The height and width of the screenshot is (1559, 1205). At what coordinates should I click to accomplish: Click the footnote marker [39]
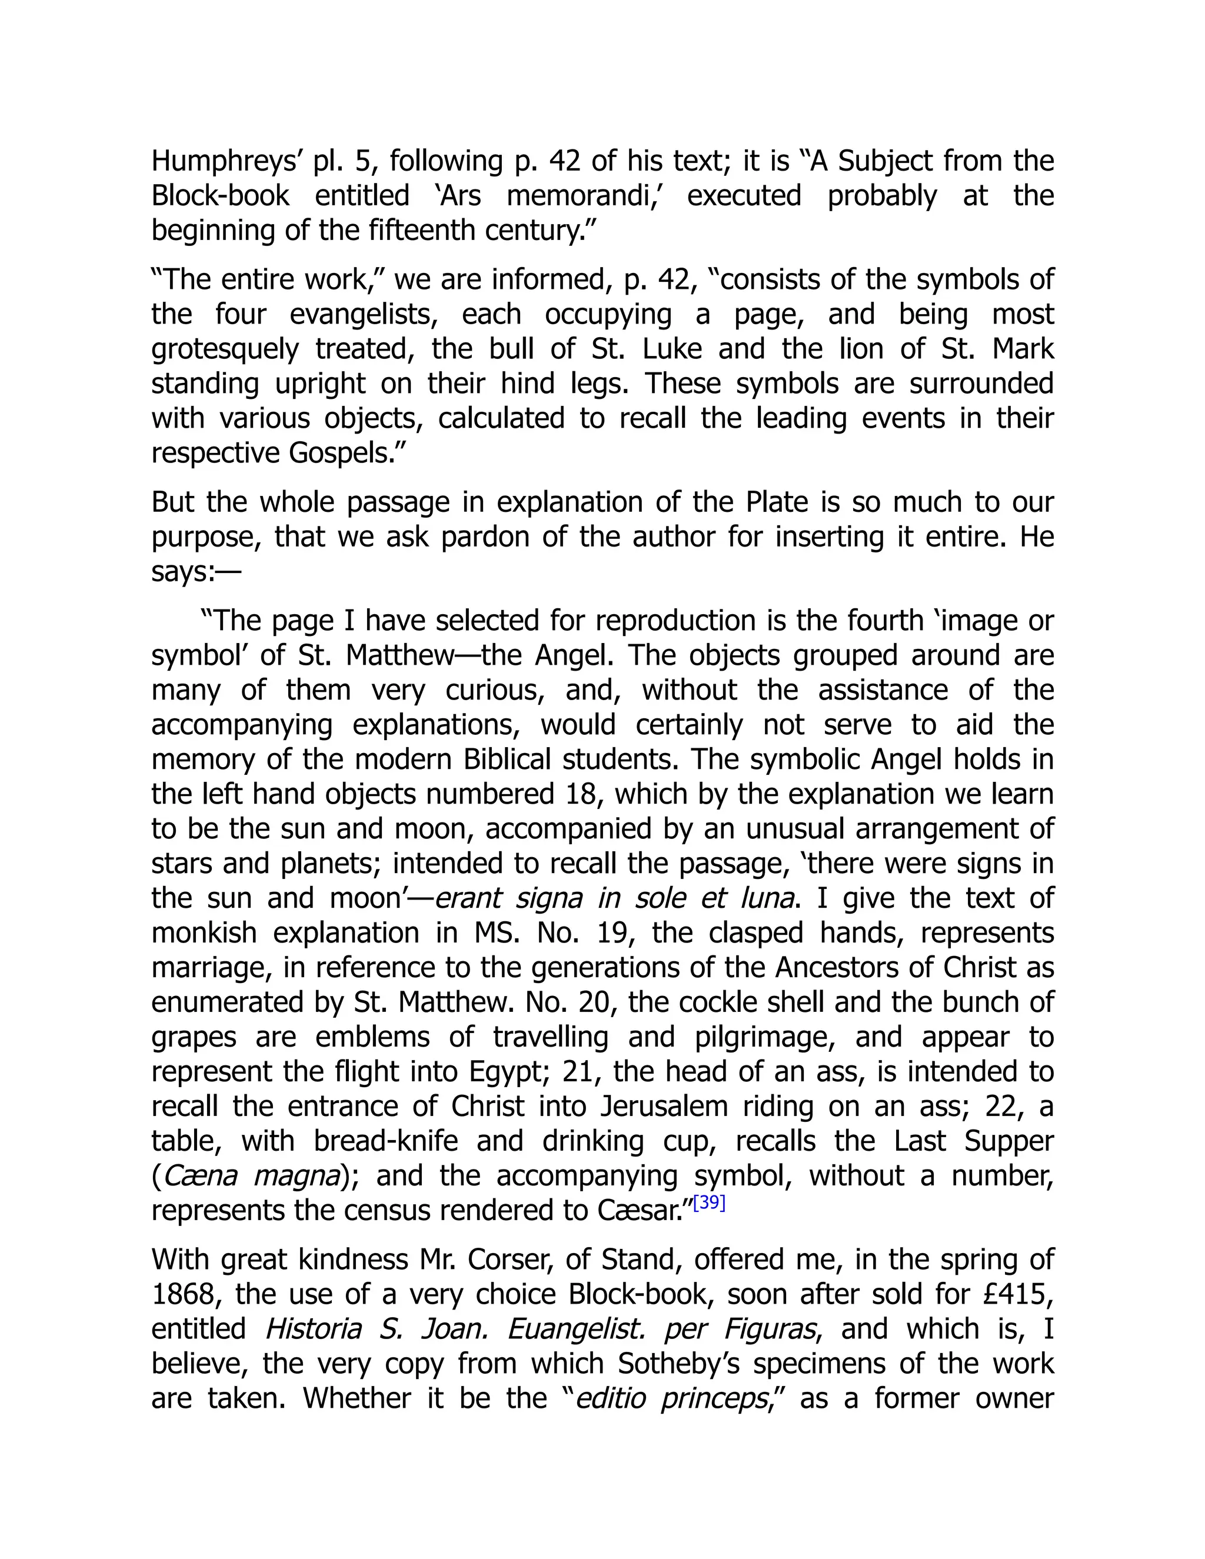tap(709, 1203)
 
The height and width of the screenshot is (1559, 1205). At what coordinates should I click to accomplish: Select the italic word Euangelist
tap(579, 1329)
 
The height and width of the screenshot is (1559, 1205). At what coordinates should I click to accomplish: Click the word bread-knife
tap(385, 1141)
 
